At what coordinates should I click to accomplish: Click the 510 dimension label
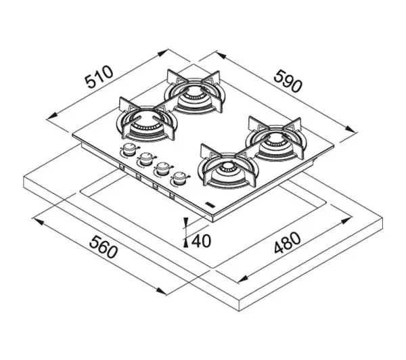point(99,77)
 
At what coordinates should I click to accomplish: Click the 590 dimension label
point(288,81)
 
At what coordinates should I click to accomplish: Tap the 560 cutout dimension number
point(104,247)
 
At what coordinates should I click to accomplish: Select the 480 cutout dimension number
point(288,243)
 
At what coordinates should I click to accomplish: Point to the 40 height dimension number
point(201,242)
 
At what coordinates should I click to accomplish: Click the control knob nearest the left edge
point(129,150)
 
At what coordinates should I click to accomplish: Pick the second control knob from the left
point(146,158)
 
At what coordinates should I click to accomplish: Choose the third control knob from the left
point(162,168)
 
